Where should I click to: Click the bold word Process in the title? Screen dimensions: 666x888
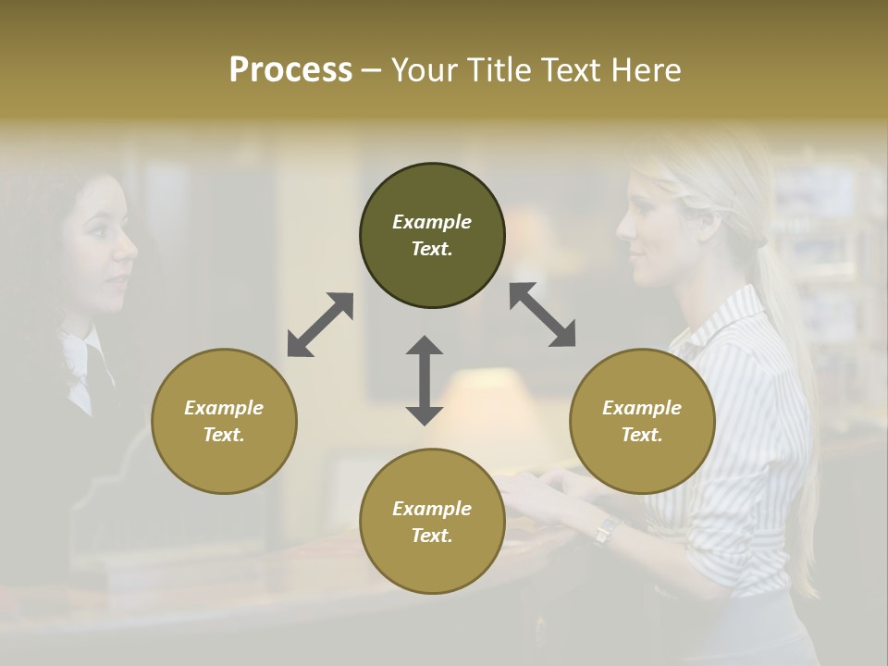(290, 69)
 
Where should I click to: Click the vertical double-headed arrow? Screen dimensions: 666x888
(425, 380)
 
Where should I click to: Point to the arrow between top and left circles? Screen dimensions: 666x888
(320, 325)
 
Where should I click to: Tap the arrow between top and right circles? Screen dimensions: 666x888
(542, 314)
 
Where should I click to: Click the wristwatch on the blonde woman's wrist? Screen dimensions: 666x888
(607, 530)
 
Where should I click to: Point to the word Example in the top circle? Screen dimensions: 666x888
(432, 222)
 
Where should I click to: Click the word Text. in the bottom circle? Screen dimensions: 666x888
(432, 536)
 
